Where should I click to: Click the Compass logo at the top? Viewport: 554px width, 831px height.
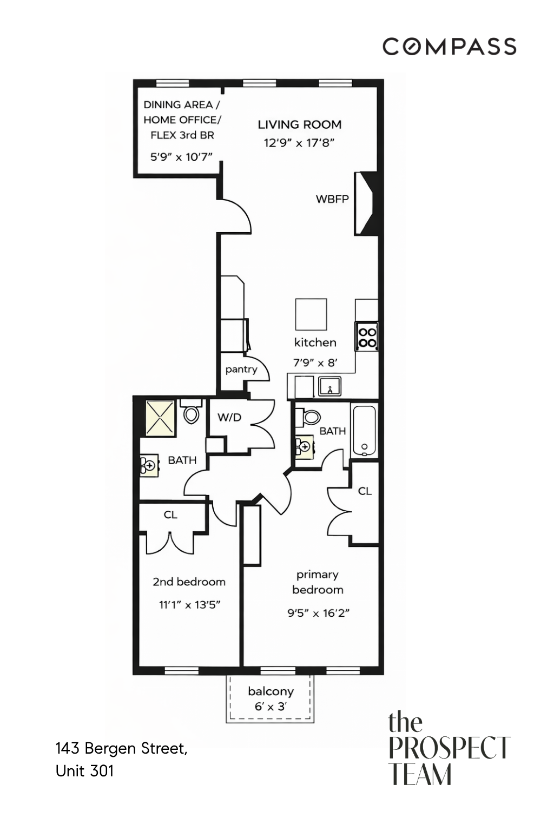coord(449,47)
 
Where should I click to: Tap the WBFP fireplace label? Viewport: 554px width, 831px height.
coord(332,199)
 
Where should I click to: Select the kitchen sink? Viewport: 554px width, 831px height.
coord(329,386)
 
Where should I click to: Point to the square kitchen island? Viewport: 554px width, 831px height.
coord(311,314)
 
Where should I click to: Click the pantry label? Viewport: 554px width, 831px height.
coord(241,370)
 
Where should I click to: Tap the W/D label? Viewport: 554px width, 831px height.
coord(229,417)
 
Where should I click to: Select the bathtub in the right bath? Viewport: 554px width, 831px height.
coord(364,431)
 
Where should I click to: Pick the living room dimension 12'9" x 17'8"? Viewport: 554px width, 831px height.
coord(299,143)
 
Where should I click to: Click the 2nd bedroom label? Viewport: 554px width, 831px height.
coord(189,582)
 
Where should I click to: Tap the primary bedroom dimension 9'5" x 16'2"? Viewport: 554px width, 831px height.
coord(318,613)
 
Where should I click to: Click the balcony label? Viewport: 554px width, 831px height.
coord(271,691)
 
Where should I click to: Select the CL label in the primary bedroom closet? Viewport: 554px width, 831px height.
coord(365,491)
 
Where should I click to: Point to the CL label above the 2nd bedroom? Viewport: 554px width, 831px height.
coord(170,515)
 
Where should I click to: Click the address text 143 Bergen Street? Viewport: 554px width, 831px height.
coord(121,749)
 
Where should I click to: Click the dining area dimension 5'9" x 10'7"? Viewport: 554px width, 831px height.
coord(181,157)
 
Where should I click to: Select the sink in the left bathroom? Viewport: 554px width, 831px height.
coord(149,465)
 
